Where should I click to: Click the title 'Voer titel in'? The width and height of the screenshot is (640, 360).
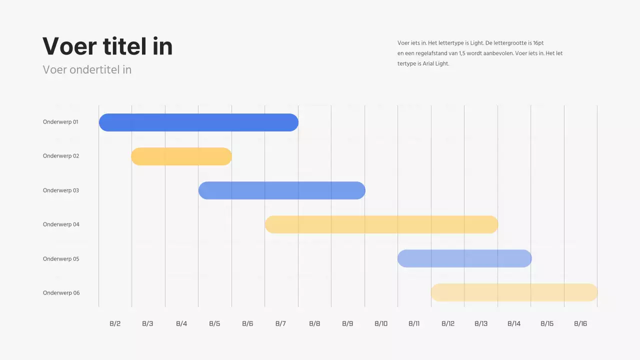coord(107,46)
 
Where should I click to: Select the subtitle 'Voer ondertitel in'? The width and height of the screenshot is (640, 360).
coord(87,70)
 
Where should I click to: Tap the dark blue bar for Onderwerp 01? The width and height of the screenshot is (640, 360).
coord(198,122)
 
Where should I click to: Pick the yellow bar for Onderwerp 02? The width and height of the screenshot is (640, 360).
coord(181,156)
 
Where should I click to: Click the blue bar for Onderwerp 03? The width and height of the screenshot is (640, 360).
coord(281,190)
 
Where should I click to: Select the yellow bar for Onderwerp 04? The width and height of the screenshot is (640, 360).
coord(381,224)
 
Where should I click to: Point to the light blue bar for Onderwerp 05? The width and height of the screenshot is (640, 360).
coord(464,258)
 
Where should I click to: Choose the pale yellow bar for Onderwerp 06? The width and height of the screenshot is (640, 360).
coord(514,292)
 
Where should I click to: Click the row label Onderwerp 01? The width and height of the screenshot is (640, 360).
coord(60,122)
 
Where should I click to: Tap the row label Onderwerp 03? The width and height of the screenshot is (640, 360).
coord(60,190)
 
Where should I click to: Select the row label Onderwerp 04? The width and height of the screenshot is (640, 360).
coord(61,224)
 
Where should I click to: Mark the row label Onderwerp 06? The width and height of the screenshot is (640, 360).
coord(61,293)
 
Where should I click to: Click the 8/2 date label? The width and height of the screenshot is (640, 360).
coord(115,323)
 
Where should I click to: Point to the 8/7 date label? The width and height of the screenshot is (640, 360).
coord(280,323)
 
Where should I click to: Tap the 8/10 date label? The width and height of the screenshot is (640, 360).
coord(381,323)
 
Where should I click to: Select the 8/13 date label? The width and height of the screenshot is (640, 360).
coord(481,323)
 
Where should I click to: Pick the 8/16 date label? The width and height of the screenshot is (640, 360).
coord(580,323)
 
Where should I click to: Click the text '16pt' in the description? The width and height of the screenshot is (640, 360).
coord(538,43)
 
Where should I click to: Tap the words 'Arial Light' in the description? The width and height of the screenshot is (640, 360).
coord(435,64)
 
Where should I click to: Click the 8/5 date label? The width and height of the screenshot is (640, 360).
coord(214,323)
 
